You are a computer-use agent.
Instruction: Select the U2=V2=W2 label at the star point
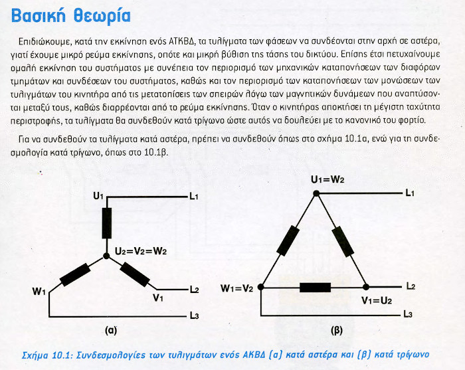tap(140, 251)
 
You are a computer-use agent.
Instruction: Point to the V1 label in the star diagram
tap(158, 298)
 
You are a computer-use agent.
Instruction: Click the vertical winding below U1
tap(106, 223)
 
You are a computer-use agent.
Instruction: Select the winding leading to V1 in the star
tap(135, 273)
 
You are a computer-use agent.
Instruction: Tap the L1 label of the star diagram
tap(194, 197)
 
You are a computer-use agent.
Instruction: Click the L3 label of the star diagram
tap(194, 316)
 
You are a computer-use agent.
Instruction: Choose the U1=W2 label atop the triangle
tap(328, 179)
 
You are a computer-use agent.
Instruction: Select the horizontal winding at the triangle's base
tap(314, 288)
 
